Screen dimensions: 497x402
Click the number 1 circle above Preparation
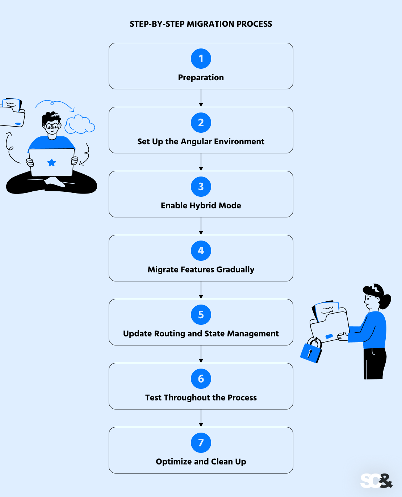[x=201, y=59]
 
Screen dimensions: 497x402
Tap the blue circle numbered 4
[x=201, y=251]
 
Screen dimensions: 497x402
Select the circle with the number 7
[x=201, y=443]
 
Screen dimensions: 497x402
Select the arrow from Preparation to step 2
[x=201, y=98]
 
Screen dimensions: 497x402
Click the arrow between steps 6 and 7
[x=201, y=418]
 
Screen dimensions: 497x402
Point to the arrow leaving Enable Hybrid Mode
[x=201, y=226]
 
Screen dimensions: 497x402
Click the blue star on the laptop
[x=52, y=162]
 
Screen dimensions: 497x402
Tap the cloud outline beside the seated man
[x=80, y=124]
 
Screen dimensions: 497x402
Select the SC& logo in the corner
[x=376, y=481]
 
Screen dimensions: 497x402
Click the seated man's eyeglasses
[x=52, y=126]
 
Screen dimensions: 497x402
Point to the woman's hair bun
[x=385, y=302]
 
